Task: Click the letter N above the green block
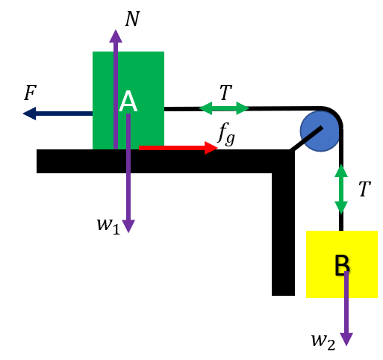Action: point(132,19)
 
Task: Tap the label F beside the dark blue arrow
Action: point(31,93)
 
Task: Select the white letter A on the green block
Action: point(128,102)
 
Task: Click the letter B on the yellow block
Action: point(342,265)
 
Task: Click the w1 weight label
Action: point(109,226)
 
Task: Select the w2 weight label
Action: point(323,341)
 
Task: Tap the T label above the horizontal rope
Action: point(225,93)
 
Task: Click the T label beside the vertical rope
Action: point(365,189)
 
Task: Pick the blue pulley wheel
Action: point(320,131)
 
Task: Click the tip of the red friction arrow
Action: point(218,148)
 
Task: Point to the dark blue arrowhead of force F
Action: point(29,114)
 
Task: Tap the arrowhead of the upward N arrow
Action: point(116,36)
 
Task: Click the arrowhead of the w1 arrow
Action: point(128,226)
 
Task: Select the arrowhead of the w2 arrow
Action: point(346,339)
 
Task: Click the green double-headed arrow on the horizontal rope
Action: point(224,108)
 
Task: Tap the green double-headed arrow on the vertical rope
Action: point(341,189)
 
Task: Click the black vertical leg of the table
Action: point(283,234)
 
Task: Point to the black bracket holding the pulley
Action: point(307,139)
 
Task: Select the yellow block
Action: point(342,264)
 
